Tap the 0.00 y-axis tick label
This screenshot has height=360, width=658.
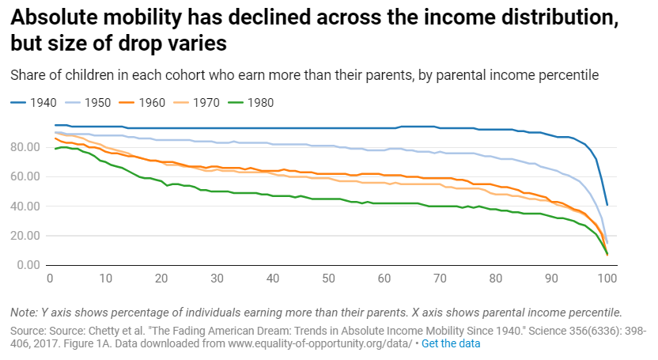click(29, 264)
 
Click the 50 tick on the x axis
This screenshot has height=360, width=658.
click(328, 279)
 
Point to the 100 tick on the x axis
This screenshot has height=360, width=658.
click(607, 279)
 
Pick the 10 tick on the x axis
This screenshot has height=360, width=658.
click(105, 279)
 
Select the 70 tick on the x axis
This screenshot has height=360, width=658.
click(440, 279)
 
